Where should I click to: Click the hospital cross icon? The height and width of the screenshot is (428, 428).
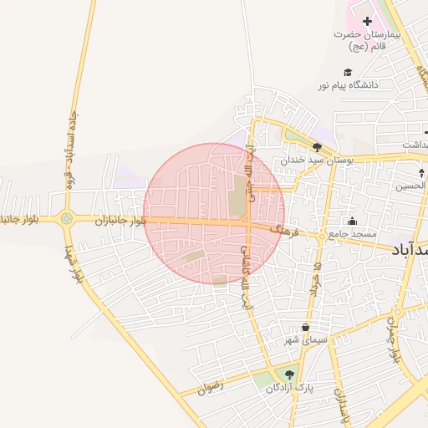click(367, 20)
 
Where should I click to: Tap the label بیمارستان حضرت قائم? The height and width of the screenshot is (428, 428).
click(367, 40)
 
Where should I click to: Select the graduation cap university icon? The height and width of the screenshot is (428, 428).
click(348, 72)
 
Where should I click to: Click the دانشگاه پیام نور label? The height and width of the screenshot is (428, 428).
click(348, 85)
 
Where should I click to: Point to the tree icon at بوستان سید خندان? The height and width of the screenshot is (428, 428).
click(317, 146)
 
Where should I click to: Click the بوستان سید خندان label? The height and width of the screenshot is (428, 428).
click(317, 159)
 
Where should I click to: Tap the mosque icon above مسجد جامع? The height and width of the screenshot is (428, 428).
click(352, 222)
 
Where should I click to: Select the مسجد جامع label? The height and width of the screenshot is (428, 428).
click(352, 234)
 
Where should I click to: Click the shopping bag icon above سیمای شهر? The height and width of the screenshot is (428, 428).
click(305, 327)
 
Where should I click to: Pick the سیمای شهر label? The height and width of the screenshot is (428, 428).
click(305, 340)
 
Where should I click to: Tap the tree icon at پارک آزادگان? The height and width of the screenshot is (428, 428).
click(289, 374)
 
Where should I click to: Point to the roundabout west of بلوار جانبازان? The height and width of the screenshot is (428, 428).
click(67, 219)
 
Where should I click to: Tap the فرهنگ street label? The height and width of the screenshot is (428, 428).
click(283, 227)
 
